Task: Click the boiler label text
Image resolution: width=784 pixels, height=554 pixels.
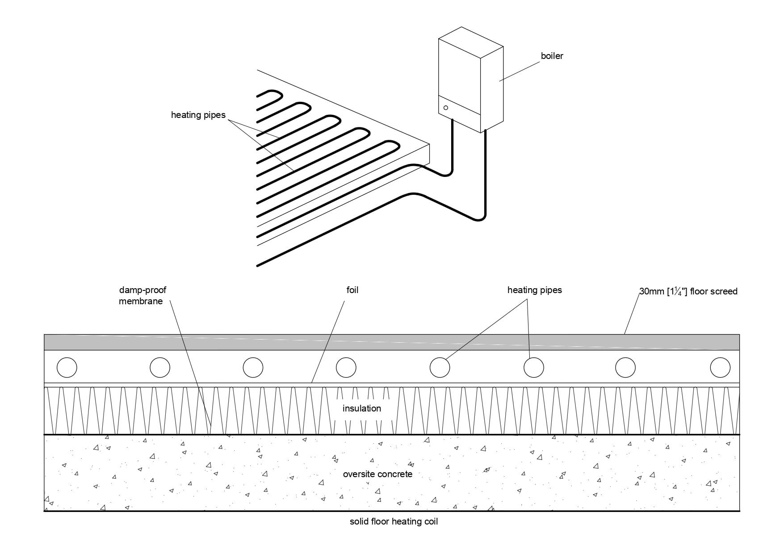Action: pos(552,56)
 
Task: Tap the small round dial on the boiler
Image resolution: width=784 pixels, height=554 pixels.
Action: pos(445,108)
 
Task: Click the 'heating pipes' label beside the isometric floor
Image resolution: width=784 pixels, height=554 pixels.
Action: pos(198,115)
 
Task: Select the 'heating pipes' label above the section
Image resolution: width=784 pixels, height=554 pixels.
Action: pos(534,290)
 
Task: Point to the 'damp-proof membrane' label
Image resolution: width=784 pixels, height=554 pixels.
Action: pos(142,296)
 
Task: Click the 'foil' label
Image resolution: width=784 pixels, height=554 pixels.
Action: pos(352,290)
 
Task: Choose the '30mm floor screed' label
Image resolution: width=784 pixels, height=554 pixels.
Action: pos(688,292)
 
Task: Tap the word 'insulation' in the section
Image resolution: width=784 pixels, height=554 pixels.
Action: pos(361,408)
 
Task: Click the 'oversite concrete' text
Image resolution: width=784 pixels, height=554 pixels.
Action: pos(377,474)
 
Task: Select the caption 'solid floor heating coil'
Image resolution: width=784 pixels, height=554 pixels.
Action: pos(394,522)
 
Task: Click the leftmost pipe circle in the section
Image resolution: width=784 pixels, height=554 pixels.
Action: pos(67,368)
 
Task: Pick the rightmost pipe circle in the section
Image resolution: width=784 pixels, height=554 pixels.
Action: pos(720,368)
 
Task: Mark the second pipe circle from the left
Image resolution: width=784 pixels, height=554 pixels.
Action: pos(160,368)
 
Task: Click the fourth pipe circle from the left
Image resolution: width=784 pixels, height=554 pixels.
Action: pos(346,368)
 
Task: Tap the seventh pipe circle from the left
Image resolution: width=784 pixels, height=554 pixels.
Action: pos(625,368)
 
